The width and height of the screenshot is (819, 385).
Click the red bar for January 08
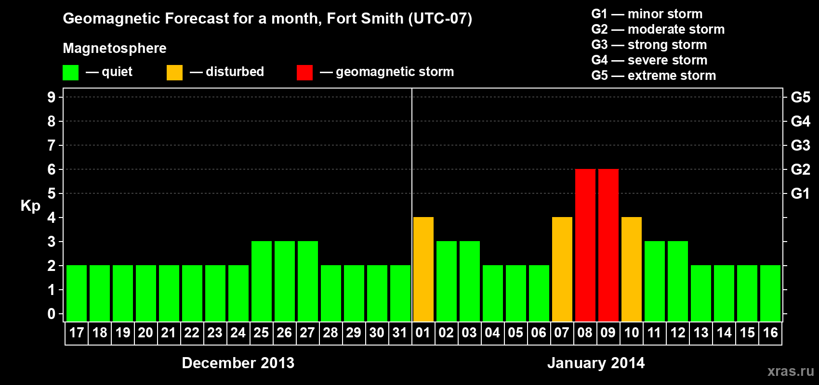pyautogui.click(x=585, y=245)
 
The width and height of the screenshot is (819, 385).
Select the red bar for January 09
pyautogui.click(x=608, y=245)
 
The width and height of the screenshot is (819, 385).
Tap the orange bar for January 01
pyautogui.click(x=423, y=269)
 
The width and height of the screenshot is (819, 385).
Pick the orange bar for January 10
pyautogui.click(x=631, y=269)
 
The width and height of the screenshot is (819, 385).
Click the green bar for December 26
pyautogui.click(x=284, y=282)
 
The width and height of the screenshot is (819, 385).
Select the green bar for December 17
pyautogui.click(x=76, y=294)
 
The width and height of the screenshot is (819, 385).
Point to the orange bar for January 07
pyautogui.click(x=562, y=269)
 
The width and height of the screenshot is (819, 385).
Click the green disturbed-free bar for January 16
pyautogui.click(x=770, y=294)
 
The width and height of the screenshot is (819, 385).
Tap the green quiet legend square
pyautogui.click(x=70, y=73)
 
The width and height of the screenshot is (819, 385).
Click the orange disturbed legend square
pyautogui.click(x=174, y=73)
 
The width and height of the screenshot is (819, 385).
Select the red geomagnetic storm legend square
pyautogui.click(x=304, y=73)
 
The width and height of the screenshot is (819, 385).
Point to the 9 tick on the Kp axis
pyautogui.click(x=52, y=97)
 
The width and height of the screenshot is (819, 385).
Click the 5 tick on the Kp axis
pyautogui.click(x=52, y=193)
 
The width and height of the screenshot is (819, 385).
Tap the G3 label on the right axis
pyautogui.click(x=800, y=145)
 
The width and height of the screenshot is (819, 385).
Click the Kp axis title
pyautogui.click(x=30, y=205)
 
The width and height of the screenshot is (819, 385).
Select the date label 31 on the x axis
pyautogui.click(x=400, y=333)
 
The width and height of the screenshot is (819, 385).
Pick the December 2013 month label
pyautogui.click(x=238, y=363)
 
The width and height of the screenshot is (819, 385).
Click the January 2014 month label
pyautogui.click(x=596, y=363)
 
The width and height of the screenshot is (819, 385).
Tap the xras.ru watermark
pyautogui.click(x=790, y=371)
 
